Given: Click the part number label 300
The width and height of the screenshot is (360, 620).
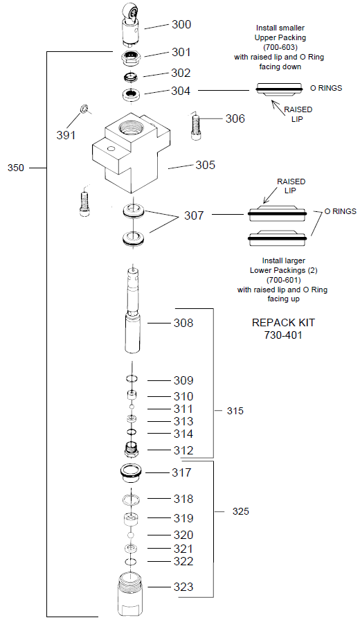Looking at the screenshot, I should [x=181, y=24].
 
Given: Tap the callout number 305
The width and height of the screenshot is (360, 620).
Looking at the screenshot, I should [x=206, y=165].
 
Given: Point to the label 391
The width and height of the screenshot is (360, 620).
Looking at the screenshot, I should [x=66, y=135].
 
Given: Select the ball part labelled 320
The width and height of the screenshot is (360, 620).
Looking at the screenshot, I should [x=132, y=535].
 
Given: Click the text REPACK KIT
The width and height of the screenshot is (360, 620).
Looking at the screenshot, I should [x=278, y=322].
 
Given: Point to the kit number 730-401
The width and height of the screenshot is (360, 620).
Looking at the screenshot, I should [x=278, y=335].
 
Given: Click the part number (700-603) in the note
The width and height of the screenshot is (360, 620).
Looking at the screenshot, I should [x=280, y=47].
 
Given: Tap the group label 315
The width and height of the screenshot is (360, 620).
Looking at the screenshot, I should [x=235, y=411].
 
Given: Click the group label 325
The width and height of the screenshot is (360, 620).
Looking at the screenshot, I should [x=240, y=512].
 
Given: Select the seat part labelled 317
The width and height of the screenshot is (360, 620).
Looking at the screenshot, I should [x=131, y=473].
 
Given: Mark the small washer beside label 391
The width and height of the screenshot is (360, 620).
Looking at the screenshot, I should [x=82, y=107].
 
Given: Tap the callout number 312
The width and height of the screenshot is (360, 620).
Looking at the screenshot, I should [x=183, y=450].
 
